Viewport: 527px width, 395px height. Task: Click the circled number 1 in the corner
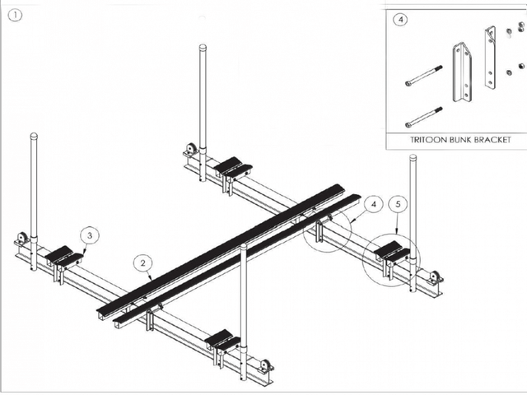point(17,14)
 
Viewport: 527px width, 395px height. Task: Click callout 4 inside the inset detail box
point(399,21)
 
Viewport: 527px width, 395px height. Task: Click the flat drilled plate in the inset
point(492,58)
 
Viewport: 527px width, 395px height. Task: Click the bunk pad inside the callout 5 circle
point(392,251)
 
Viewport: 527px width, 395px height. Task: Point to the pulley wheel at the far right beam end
point(434,277)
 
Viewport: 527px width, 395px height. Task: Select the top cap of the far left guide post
point(34,135)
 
